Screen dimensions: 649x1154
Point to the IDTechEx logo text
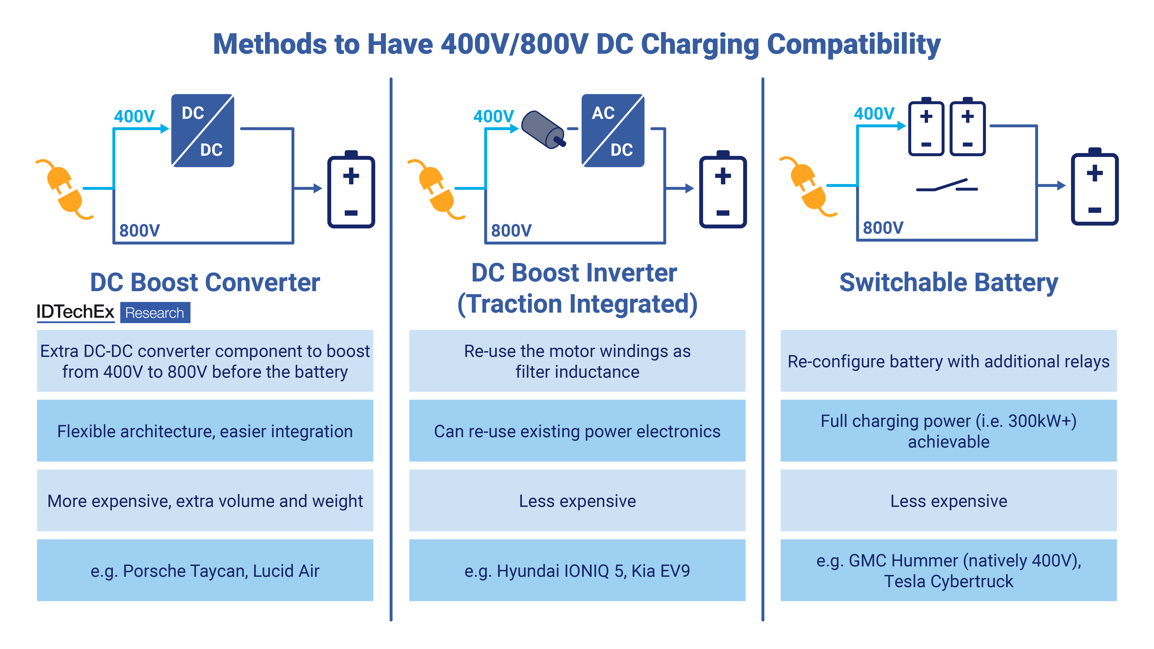click(75, 312)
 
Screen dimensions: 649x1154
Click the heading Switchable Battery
click(948, 283)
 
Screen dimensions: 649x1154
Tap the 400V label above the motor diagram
click(493, 117)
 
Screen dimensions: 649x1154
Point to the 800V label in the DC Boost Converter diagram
click(139, 231)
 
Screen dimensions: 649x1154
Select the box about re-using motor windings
click(577, 361)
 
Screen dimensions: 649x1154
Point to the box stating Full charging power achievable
click(948, 431)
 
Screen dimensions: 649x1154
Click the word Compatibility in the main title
click(853, 45)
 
